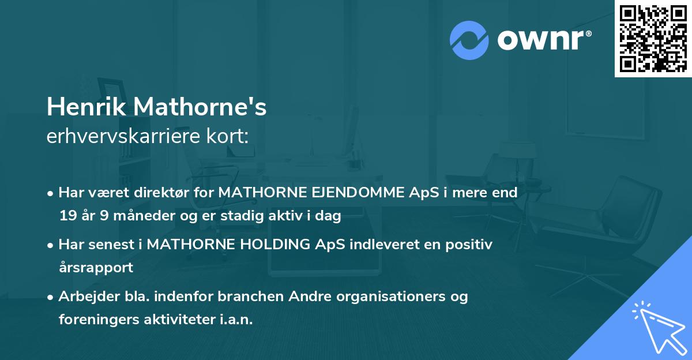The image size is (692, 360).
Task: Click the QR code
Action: pos(653,39)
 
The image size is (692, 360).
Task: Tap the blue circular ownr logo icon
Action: pos(470,40)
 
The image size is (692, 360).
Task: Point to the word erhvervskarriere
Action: pos(121,137)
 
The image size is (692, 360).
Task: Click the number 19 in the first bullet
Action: pos(67,216)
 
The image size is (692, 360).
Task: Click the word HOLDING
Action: pos(269,245)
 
